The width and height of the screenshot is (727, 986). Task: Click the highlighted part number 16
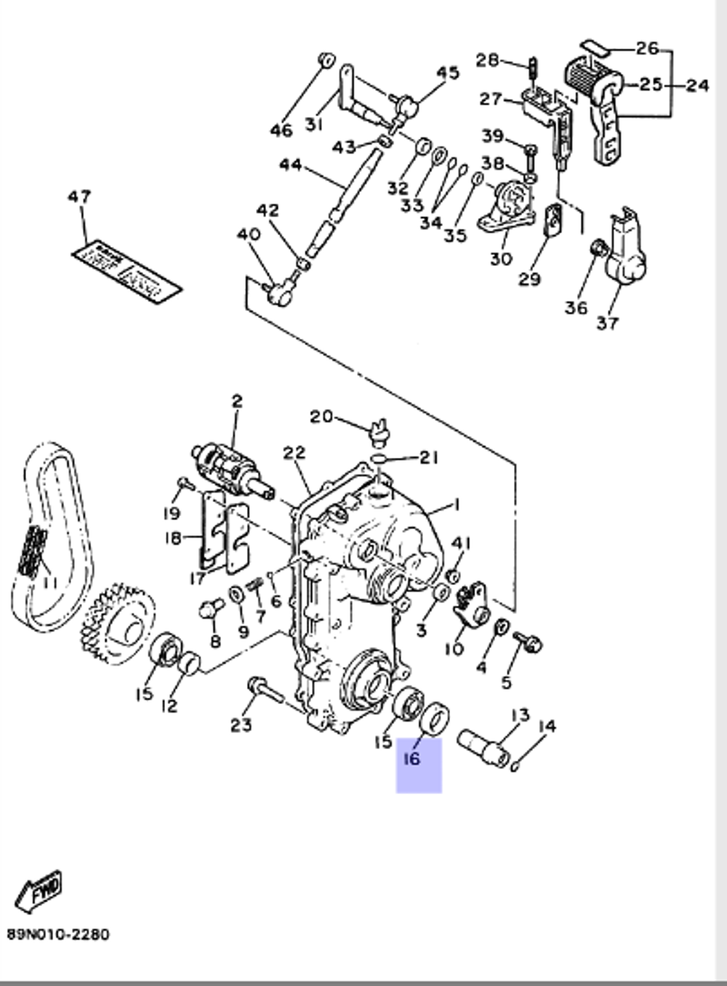(x=412, y=759)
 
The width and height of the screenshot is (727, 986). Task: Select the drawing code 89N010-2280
(x=58, y=934)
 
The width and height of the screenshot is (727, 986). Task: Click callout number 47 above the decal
(x=79, y=197)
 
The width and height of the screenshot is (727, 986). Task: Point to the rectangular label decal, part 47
(x=126, y=269)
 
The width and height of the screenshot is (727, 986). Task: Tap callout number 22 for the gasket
(x=294, y=453)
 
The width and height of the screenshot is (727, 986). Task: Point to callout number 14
(x=547, y=726)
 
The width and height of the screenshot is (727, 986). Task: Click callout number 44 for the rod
(x=290, y=166)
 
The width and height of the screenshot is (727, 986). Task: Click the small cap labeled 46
(x=326, y=59)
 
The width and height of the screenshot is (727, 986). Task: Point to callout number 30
(x=501, y=258)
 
